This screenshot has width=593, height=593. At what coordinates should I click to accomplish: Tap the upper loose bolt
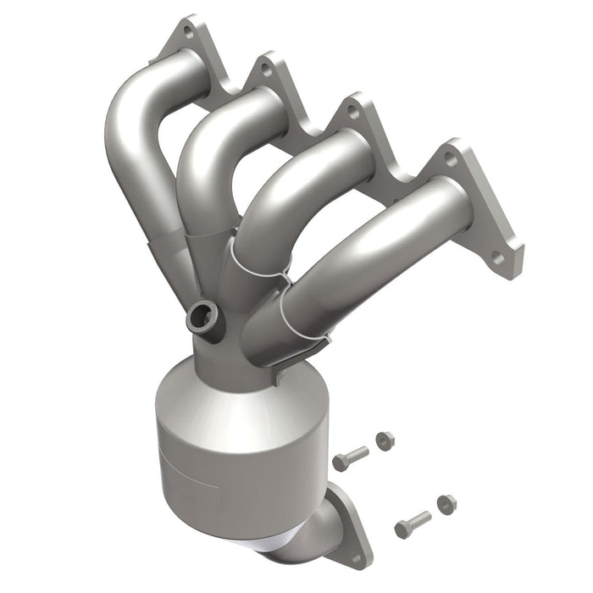point(350,458)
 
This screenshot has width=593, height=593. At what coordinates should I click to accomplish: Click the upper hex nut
point(384,440)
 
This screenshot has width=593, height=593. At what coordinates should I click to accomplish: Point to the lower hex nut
point(446,503)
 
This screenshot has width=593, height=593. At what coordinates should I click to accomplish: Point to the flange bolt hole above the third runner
point(353,111)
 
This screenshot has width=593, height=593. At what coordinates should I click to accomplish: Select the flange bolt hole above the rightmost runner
point(450,158)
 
